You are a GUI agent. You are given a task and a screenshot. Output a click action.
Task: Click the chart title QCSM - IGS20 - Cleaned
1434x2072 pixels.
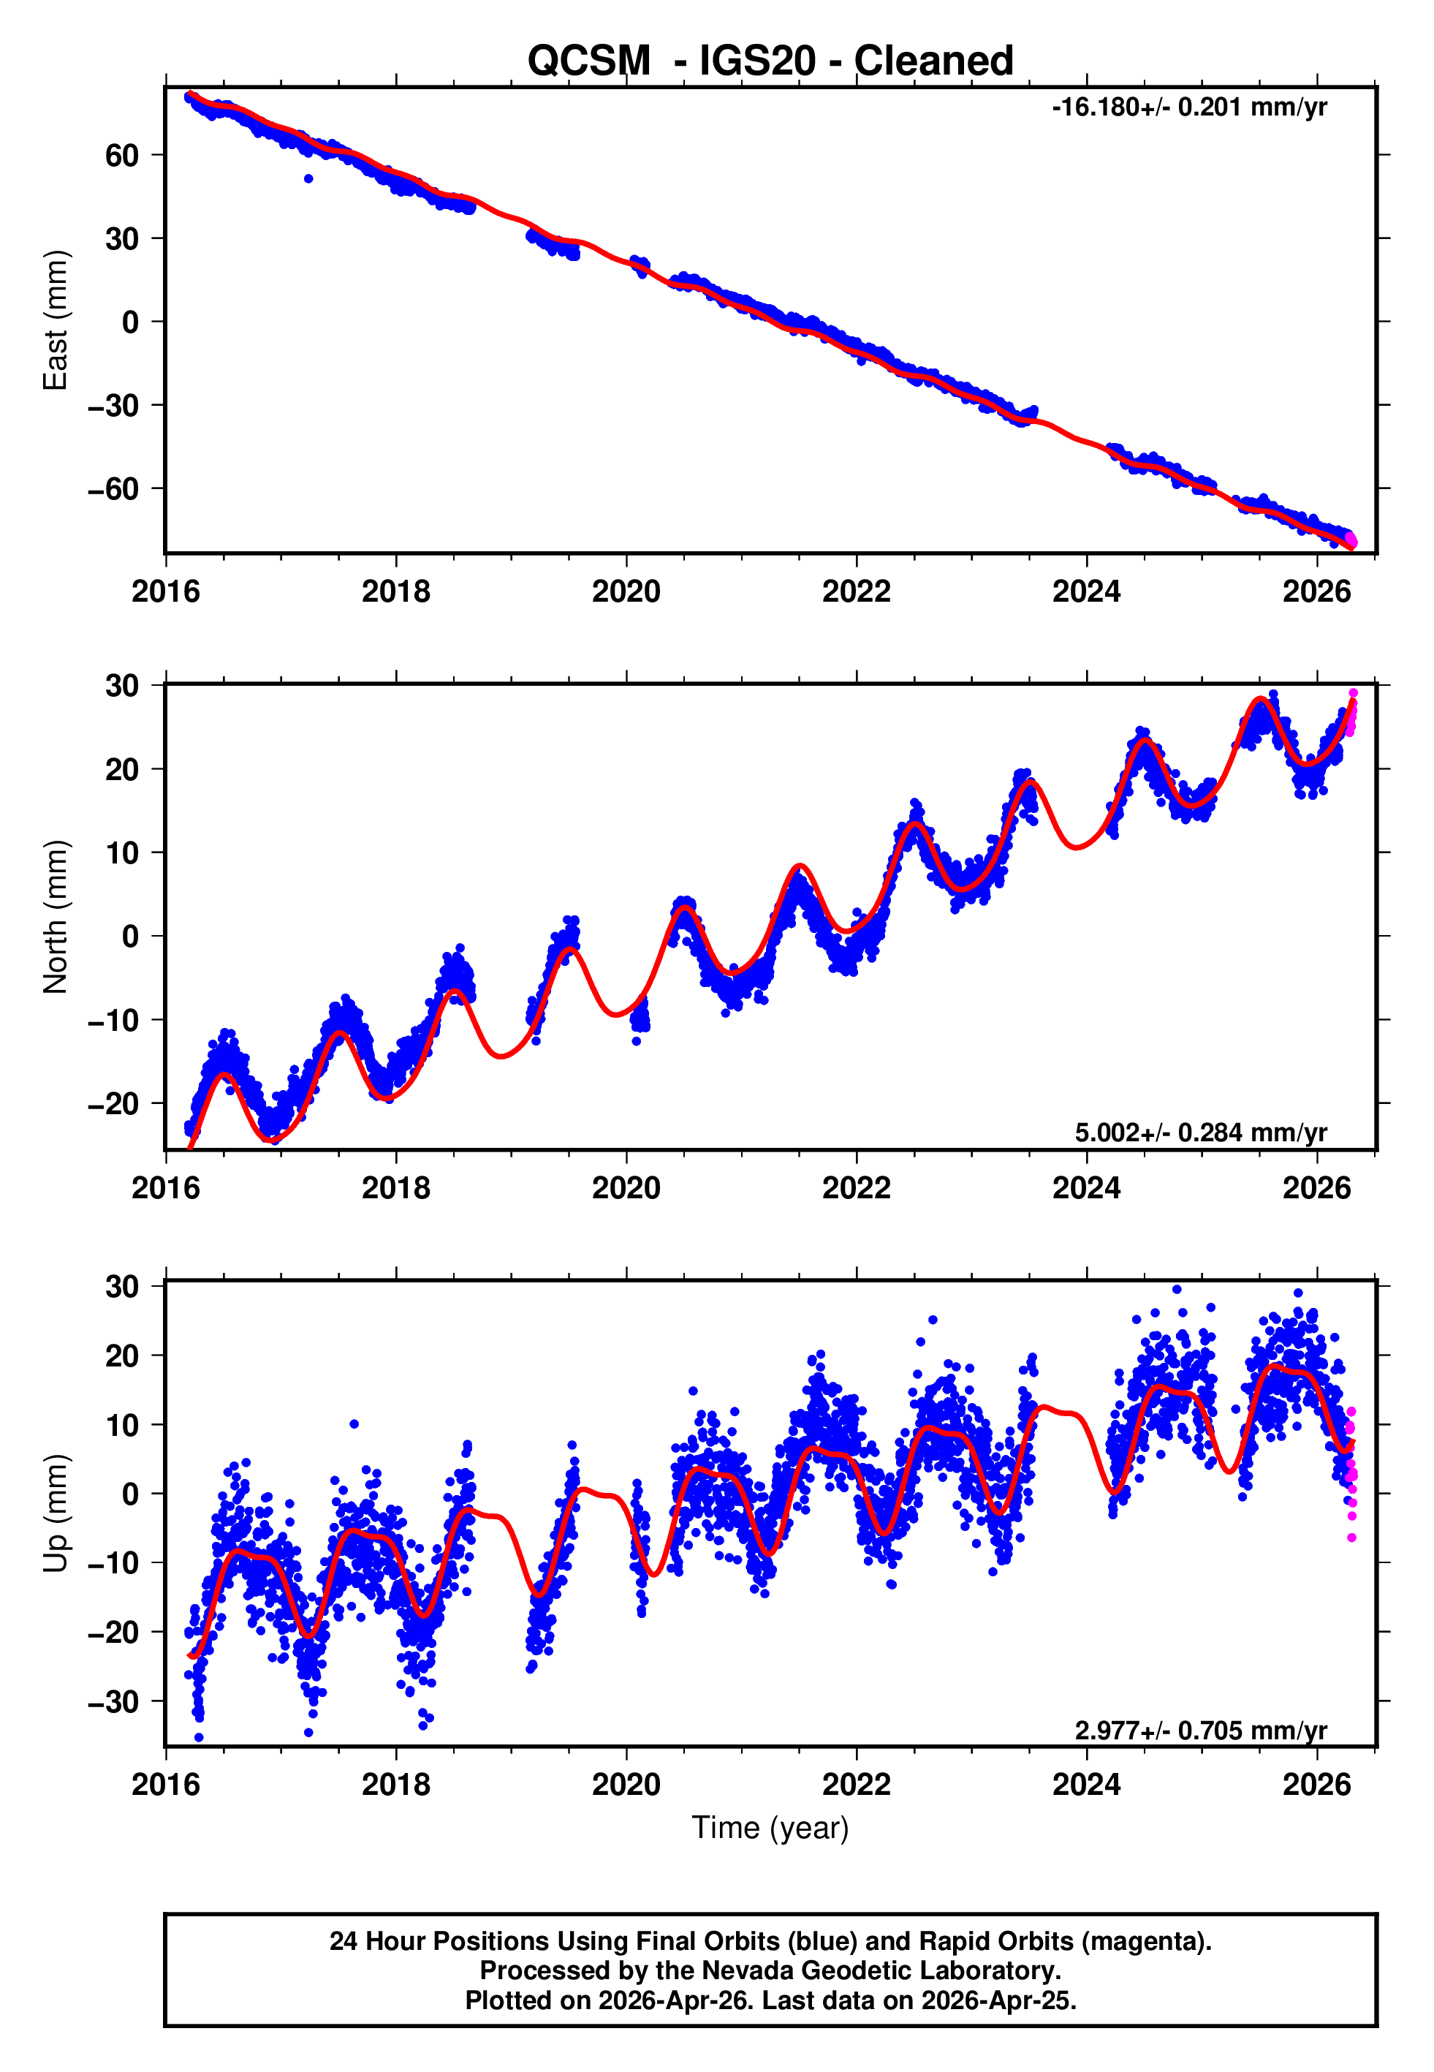point(770,61)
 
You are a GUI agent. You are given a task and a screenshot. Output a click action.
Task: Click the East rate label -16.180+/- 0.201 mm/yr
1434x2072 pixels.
point(1188,107)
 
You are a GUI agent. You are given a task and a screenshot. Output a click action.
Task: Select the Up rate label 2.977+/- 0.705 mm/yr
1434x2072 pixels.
point(1200,1730)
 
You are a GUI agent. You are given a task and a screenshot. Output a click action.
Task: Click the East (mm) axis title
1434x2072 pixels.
point(56,320)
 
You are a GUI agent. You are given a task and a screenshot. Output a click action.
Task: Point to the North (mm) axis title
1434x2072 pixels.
point(56,917)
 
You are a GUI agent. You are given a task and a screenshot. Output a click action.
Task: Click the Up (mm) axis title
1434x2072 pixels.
point(56,1513)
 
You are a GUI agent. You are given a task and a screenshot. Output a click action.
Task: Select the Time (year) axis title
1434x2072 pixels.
point(770,1828)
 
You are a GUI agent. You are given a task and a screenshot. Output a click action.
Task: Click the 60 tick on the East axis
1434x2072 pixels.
point(122,156)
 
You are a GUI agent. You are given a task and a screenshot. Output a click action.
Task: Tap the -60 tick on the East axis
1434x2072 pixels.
point(114,489)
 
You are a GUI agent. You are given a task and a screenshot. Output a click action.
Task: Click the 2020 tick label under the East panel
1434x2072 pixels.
point(626,591)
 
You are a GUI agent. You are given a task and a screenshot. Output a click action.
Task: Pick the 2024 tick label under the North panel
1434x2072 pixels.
point(1086,1188)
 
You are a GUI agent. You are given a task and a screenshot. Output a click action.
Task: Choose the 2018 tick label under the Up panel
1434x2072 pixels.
point(395,1785)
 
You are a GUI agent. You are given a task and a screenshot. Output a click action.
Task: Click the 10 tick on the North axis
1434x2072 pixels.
point(122,852)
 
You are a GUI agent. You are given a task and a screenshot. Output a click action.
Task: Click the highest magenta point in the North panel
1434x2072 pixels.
point(1353,693)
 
